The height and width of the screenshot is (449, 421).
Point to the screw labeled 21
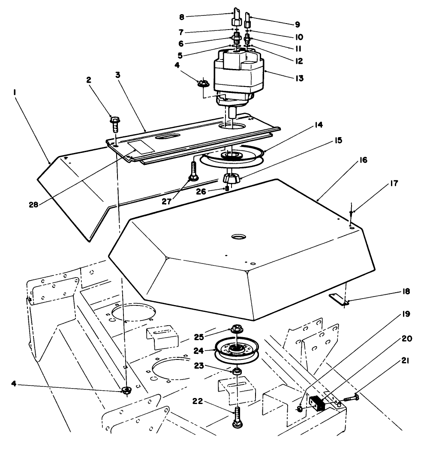(351, 398)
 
